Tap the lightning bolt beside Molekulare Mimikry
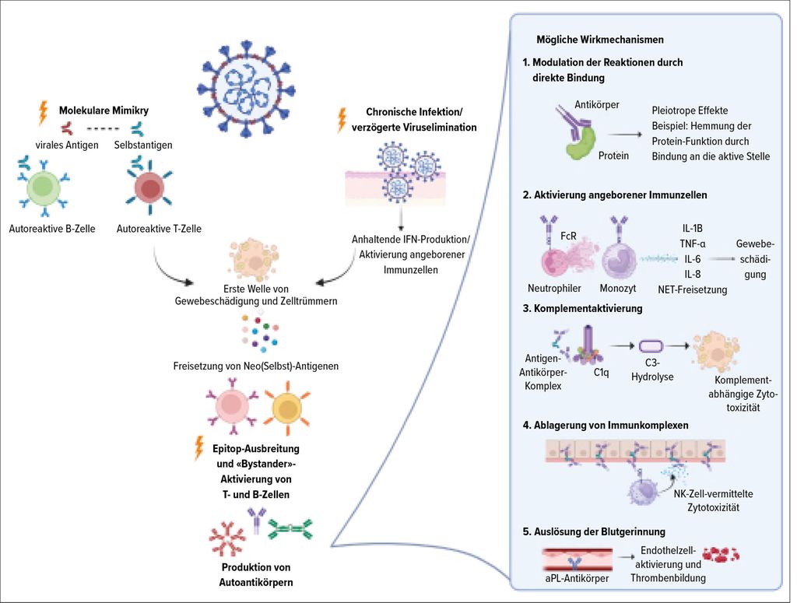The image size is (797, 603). [43, 114]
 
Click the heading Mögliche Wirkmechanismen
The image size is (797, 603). [599, 39]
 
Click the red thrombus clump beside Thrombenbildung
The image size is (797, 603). [721, 554]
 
